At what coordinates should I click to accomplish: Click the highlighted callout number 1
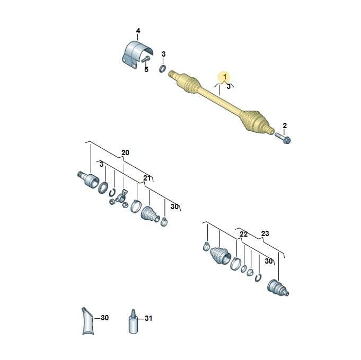(x=225, y=77)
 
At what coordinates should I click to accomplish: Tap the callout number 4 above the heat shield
(x=138, y=31)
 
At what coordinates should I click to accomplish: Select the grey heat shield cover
(x=136, y=55)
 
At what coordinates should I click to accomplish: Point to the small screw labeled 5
(x=146, y=59)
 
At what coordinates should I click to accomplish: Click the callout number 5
(x=146, y=69)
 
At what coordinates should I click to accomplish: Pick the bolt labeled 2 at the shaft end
(x=283, y=138)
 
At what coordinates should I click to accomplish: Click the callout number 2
(x=285, y=126)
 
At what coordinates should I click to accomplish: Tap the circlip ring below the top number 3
(x=163, y=68)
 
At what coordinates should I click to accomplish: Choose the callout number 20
(x=125, y=152)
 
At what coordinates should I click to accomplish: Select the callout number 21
(x=147, y=178)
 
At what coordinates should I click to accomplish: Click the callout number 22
(x=244, y=234)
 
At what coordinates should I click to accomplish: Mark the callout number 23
(x=265, y=233)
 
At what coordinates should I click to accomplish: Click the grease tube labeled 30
(x=87, y=321)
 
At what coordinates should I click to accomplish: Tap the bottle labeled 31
(x=133, y=321)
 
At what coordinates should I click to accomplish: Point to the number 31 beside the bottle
(x=148, y=318)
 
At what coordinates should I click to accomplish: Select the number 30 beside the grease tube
(x=104, y=318)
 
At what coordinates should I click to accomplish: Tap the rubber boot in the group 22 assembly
(x=221, y=256)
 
